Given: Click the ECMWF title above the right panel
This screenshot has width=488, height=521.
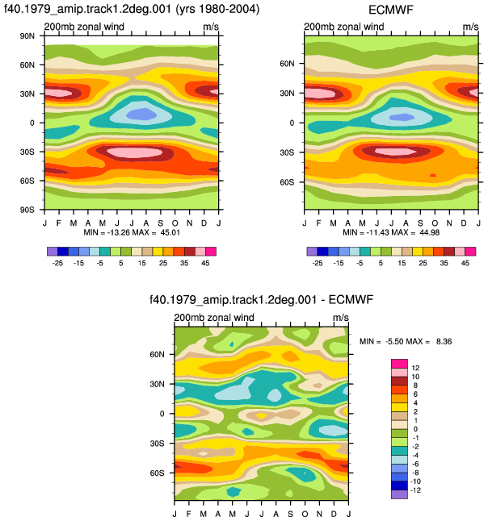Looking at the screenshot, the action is point(391,10).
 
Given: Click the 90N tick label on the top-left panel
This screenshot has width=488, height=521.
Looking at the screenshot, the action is point(27,35).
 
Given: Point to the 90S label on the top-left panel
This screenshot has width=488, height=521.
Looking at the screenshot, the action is point(27,210).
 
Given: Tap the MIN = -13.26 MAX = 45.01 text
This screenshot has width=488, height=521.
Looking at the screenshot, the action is point(132,232).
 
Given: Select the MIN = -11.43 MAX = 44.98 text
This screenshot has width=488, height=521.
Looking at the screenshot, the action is point(391,232).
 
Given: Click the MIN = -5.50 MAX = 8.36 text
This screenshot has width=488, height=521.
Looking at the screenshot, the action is point(406,341).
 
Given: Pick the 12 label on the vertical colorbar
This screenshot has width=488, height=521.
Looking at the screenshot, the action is point(415,368).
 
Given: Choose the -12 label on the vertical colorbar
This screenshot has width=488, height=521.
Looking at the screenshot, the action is point(415,490).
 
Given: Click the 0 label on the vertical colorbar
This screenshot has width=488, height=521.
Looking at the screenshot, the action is point(415,429).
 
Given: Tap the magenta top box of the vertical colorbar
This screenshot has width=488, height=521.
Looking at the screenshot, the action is point(399,364).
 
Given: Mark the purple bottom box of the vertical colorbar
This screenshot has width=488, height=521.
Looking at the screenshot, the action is point(399,494).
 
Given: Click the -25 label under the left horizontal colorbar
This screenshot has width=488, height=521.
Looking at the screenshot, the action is point(57,263).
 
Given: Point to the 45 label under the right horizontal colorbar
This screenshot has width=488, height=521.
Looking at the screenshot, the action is point(465,263).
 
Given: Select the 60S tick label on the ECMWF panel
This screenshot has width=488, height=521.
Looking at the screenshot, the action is point(287,182).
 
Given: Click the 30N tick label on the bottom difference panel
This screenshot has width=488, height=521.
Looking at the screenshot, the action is point(157,384).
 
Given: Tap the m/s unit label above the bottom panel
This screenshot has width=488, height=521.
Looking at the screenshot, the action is point(341,318).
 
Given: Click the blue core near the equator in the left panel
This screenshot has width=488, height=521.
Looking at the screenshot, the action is point(142,114).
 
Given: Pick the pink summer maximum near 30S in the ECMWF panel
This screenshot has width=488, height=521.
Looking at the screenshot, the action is point(396,152).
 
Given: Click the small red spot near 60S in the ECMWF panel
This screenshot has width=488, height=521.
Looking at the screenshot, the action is point(433,175).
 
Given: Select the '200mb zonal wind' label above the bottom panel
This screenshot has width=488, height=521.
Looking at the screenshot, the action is point(214,317).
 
